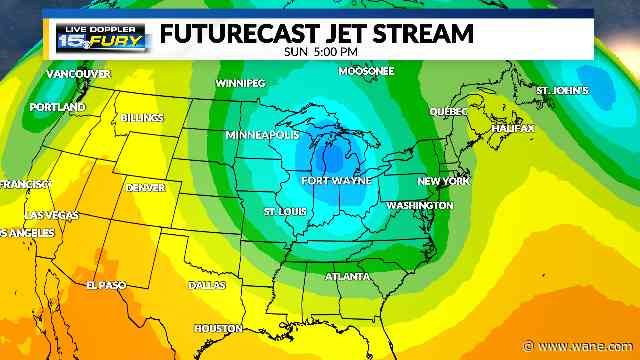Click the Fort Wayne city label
(x=336, y=181)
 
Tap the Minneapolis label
(x=263, y=134)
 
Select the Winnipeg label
(x=244, y=83)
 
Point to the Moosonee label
(x=366, y=72)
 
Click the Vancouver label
(x=77, y=75)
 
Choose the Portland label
(x=57, y=107)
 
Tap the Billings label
(x=142, y=118)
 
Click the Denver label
(x=146, y=188)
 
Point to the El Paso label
(x=104, y=285)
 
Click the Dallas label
(x=207, y=285)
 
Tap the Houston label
(x=218, y=328)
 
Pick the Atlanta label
(x=347, y=276)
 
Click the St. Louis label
(x=284, y=212)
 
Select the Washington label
(x=419, y=205)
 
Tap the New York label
(x=443, y=181)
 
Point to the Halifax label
(x=512, y=129)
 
